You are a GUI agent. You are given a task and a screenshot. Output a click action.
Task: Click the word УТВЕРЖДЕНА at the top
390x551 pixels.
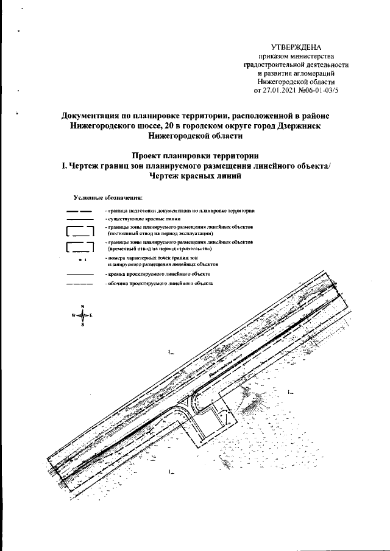[x=296, y=47]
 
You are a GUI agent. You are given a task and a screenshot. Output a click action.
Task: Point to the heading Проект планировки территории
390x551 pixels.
[x=196, y=155]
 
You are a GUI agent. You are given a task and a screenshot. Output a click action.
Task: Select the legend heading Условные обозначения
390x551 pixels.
[x=107, y=198]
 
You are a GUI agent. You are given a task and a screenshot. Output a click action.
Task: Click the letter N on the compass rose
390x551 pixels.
[x=82, y=306]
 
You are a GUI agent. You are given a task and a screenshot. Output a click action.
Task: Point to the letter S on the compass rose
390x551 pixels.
[x=82, y=326]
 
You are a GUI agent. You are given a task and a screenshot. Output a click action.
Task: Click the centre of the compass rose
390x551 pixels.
[x=82, y=315]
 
